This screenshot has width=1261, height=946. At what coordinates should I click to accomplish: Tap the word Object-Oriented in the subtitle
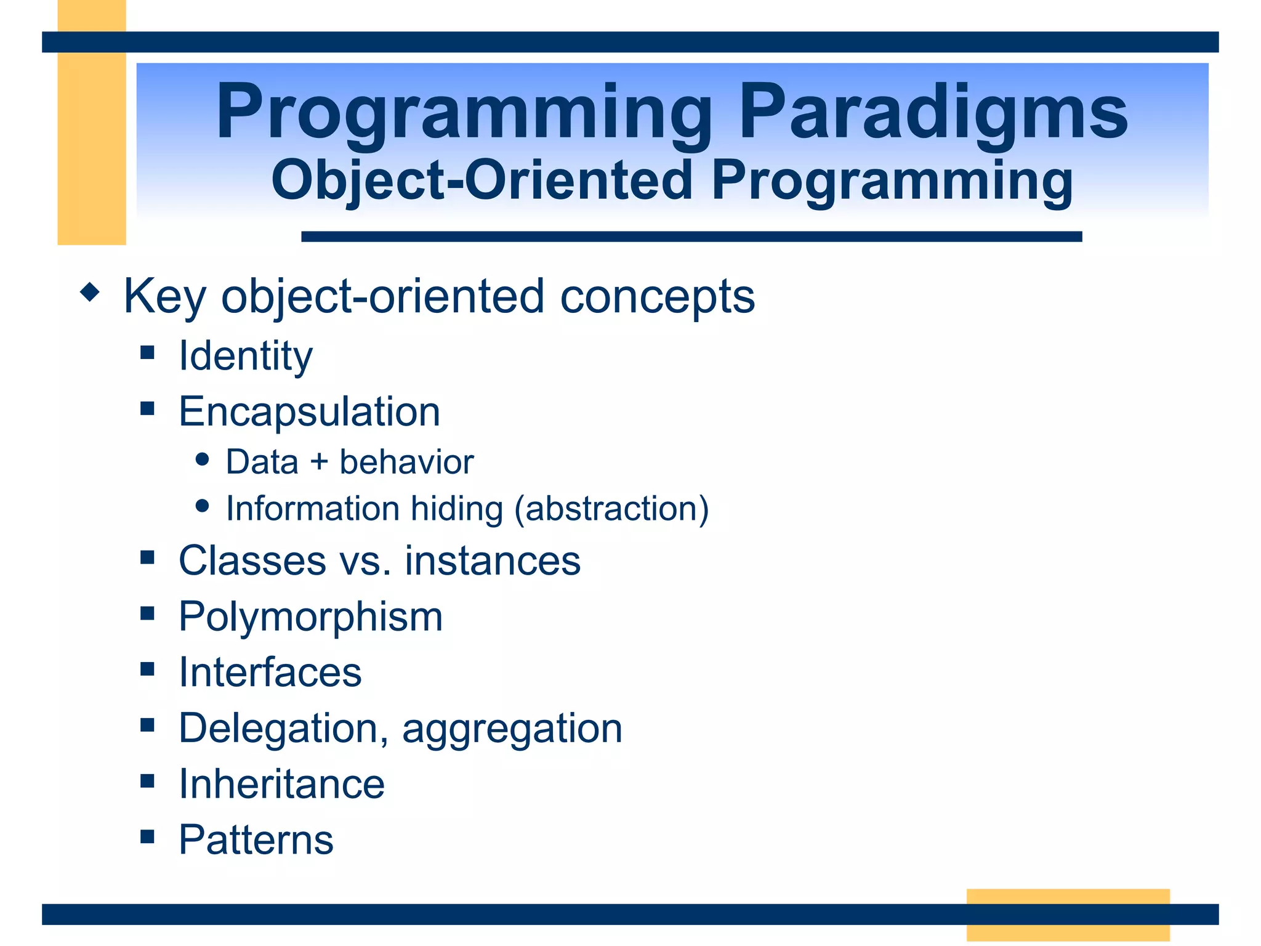pos(481,180)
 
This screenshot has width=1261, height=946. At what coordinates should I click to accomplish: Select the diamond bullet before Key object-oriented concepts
pos(90,292)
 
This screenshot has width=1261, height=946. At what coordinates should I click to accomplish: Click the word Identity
pos(245,356)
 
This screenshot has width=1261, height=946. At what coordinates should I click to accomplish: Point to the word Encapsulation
pos(309,411)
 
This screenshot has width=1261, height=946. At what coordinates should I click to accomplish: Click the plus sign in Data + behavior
pos(319,463)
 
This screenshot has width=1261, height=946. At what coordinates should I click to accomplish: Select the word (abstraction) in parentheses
pos(611,509)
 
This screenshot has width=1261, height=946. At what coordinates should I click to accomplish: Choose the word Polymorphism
pos(310,617)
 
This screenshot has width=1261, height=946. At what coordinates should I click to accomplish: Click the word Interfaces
pos(270,672)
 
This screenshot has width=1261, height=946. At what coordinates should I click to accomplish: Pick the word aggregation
pos(512,729)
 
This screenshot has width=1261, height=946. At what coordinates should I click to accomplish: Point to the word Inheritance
pos(281,784)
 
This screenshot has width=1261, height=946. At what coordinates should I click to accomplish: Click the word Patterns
pos(256,839)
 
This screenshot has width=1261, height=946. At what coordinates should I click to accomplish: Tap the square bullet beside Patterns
pos(147,836)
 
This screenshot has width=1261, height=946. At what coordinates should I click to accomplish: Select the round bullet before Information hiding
pos(202,506)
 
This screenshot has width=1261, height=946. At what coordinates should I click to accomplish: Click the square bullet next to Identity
pos(147,352)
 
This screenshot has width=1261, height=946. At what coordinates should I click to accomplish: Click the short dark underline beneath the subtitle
pos(691,236)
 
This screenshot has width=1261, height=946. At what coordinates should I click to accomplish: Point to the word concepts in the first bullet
pos(657,297)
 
